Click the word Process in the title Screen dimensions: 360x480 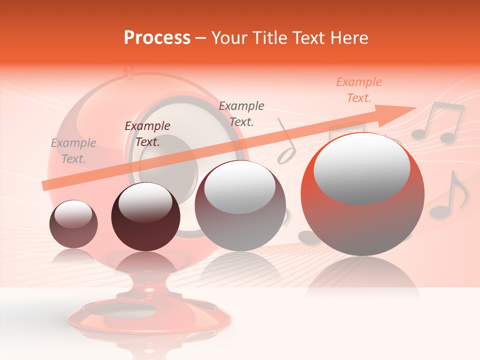(157, 38)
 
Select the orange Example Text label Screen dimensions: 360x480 (358, 90)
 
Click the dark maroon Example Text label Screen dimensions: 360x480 (147, 134)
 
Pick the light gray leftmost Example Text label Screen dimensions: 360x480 (73, 151)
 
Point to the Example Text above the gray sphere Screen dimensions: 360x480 (241, 113)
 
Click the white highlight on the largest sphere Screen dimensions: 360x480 (361, 167)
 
